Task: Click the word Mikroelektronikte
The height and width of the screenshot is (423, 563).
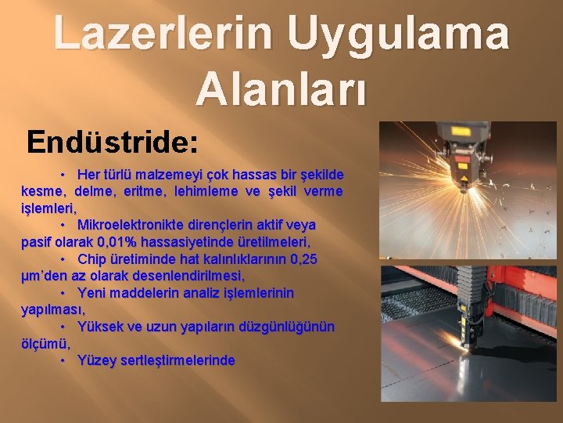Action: [x=132, y=225]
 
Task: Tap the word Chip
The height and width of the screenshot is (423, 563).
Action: [x=93, y=259]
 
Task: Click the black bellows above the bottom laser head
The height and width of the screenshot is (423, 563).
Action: [x=472, y=283]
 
